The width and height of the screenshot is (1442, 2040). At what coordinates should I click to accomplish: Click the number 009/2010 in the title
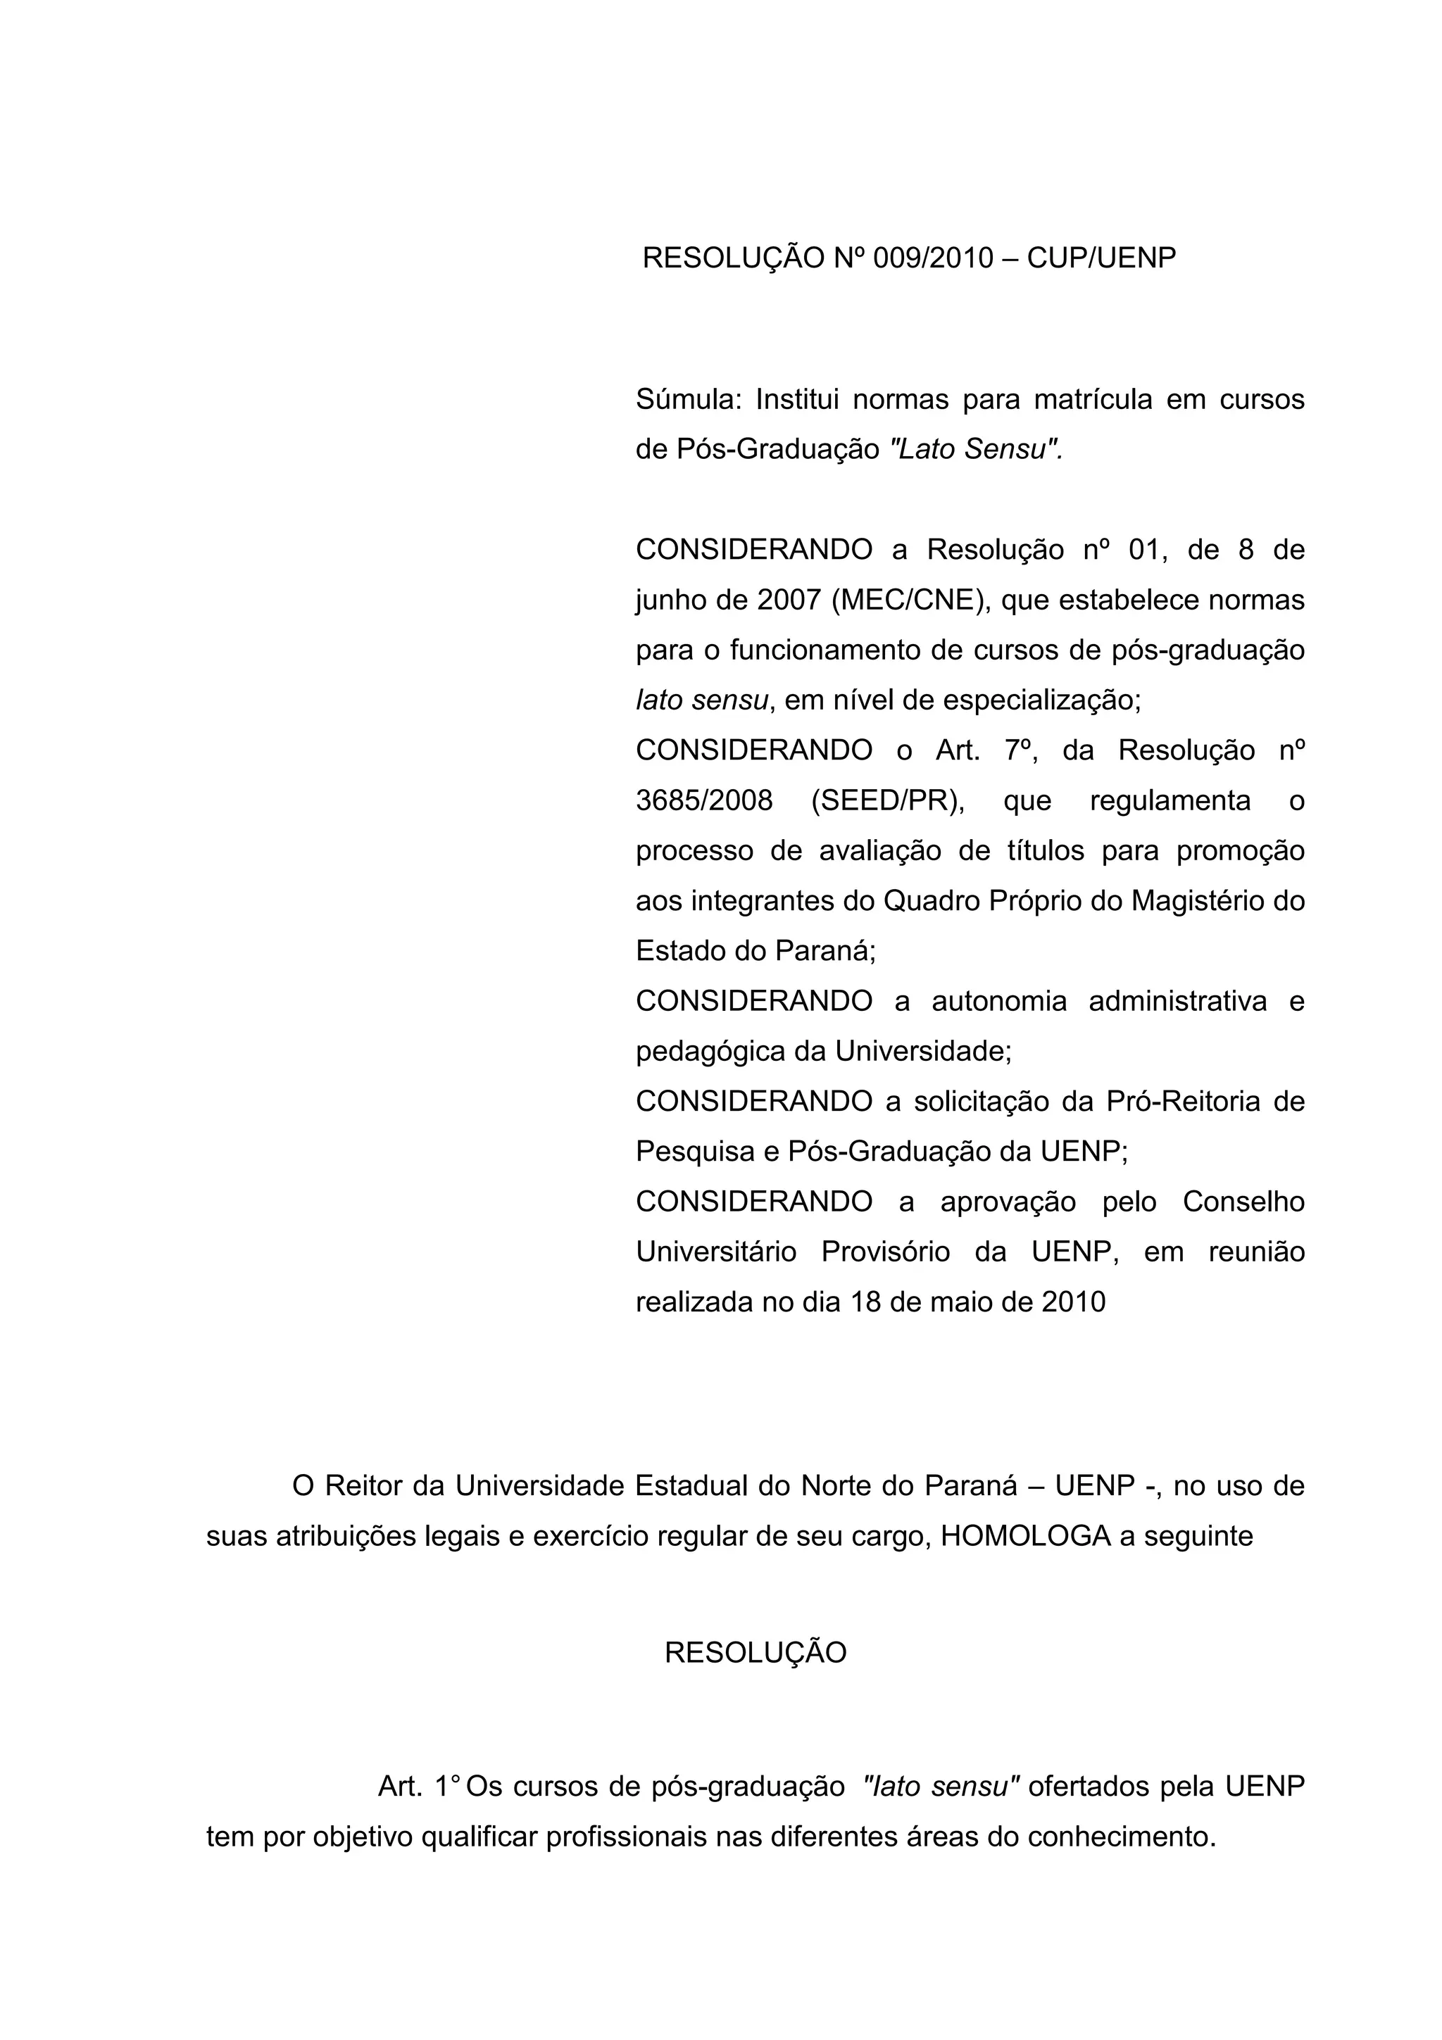click(x=933, y=258)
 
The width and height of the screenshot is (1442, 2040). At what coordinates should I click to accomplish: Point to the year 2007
click(x=790, y=600)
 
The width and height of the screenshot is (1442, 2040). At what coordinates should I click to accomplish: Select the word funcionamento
click(x=825, y=651)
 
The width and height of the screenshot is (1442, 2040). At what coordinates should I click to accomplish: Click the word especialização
click(x=1041, y=701)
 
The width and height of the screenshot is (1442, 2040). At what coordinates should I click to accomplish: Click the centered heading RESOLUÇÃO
click(x=756, y=1654)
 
